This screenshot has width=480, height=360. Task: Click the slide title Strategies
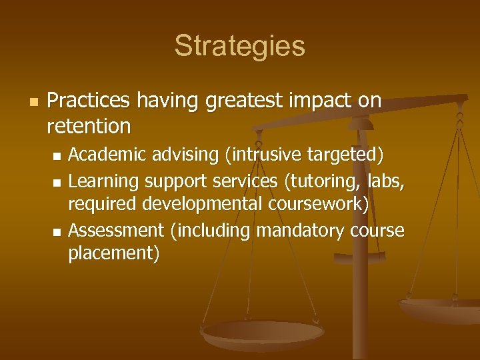coord(239,46)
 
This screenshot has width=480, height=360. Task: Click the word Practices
coord(89,101)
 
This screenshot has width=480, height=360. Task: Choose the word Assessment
coord(116,230)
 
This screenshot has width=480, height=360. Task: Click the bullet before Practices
coord(33,102)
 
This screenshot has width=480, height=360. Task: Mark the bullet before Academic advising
coord(57,156)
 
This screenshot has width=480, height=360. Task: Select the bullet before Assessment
coord(57,231)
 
